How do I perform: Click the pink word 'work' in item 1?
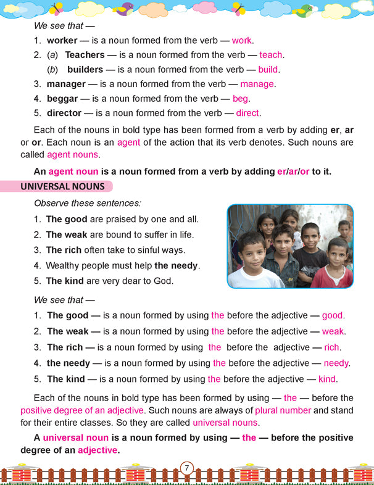[x=241, y=40]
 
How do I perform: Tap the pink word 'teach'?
[x=271, y=55]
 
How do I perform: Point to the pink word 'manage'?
[x=257, y=84]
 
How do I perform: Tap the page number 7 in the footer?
[x=186, y=468]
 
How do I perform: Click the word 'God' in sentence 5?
[x=165, y=281]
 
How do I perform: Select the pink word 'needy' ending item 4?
[x=336, y=363]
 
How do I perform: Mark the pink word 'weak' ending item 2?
[x=333, y=331]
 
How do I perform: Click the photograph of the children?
[x=290, y=246]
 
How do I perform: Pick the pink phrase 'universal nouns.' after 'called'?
[x=226, y=423]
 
